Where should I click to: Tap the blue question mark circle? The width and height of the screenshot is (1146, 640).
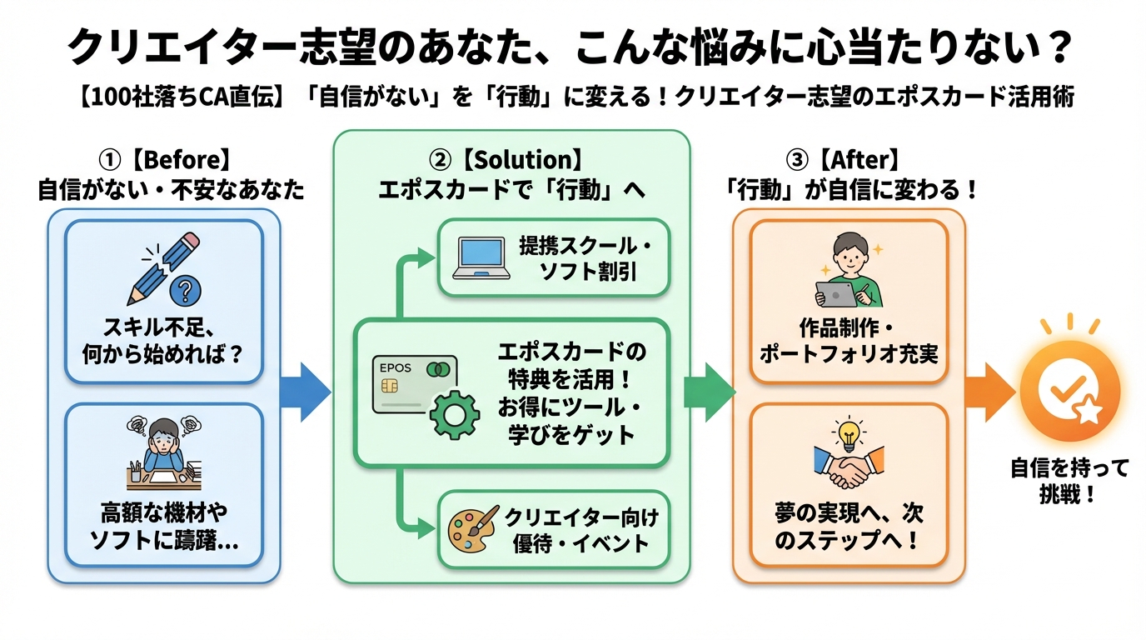point(185,292)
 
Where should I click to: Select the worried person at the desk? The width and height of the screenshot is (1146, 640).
point(163,451)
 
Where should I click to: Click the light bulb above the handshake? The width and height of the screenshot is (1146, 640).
point(848,434)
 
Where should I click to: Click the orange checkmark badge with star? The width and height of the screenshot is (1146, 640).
point(1070,392)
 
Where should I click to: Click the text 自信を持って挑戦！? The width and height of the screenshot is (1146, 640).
point(1069,481)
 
